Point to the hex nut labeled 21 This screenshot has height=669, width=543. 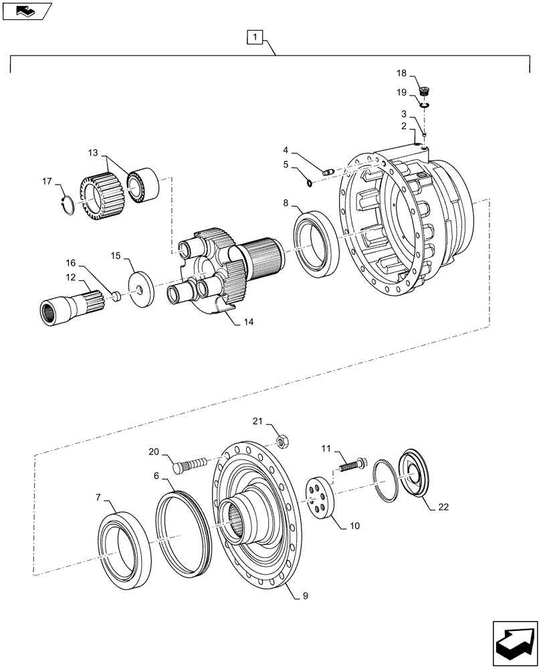[282, 442]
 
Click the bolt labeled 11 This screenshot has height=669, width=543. [352, 463]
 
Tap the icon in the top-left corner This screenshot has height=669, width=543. [26, 10]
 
